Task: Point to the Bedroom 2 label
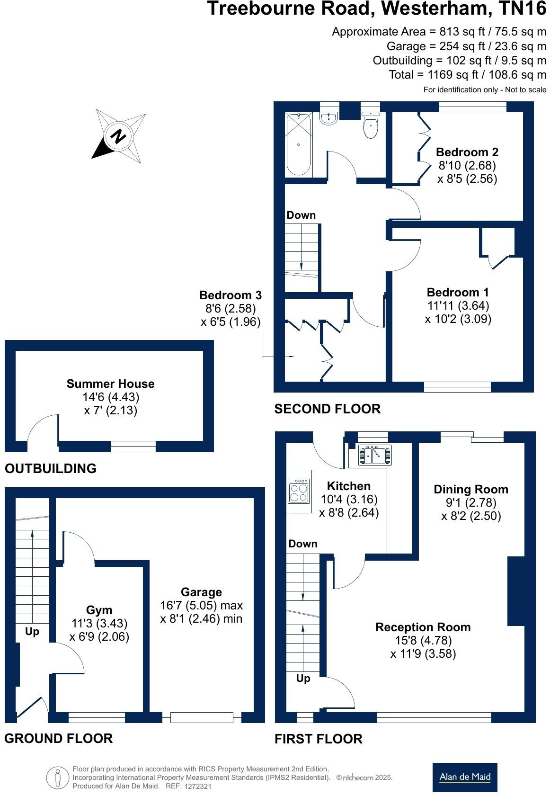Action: click(467, 152)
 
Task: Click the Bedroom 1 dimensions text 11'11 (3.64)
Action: click(458, 305)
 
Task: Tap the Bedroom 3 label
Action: click(230, 295)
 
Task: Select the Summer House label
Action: click(110, 384)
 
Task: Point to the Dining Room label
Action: click(470, 489)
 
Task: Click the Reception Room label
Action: click(423, 627)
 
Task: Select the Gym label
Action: click(99, 610)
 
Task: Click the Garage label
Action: click(201, 592)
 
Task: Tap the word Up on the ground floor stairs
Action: click(32, 632)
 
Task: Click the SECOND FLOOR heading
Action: click(327, 409)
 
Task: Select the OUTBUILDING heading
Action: click(51, 468)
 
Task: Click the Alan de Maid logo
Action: click(464, 777)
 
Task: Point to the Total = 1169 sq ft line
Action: click(467, 74)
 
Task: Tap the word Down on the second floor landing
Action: click(301, 215)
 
